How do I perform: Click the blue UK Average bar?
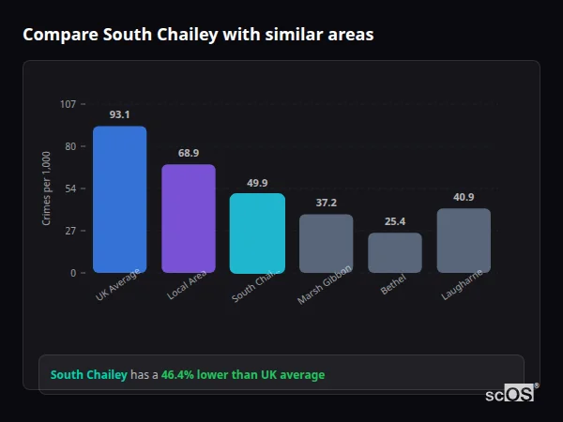click(119, 200)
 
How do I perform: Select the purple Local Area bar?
click(189, 219)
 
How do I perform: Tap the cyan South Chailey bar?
click(257, 234)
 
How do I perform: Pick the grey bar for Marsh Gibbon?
click(326, 244)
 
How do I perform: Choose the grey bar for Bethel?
click(395, 253)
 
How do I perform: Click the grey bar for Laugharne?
click(464, 241)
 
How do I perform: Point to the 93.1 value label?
click(119, 114)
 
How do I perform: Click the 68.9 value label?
click(189, 153)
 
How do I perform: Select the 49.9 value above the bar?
click(257, 183)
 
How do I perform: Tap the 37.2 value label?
click(326, 203)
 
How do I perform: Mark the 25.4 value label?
click(395, 221)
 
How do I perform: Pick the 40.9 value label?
click(464, 197)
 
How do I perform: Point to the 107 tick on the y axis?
click(68, 104)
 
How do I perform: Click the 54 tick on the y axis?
click(70, 188)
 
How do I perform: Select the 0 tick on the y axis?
click(73, 273)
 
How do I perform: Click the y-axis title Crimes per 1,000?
click(47, 188)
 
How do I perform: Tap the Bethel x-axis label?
click(393, 286)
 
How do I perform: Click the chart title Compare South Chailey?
click(198, 35)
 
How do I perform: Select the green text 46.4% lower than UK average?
click(243, 375)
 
